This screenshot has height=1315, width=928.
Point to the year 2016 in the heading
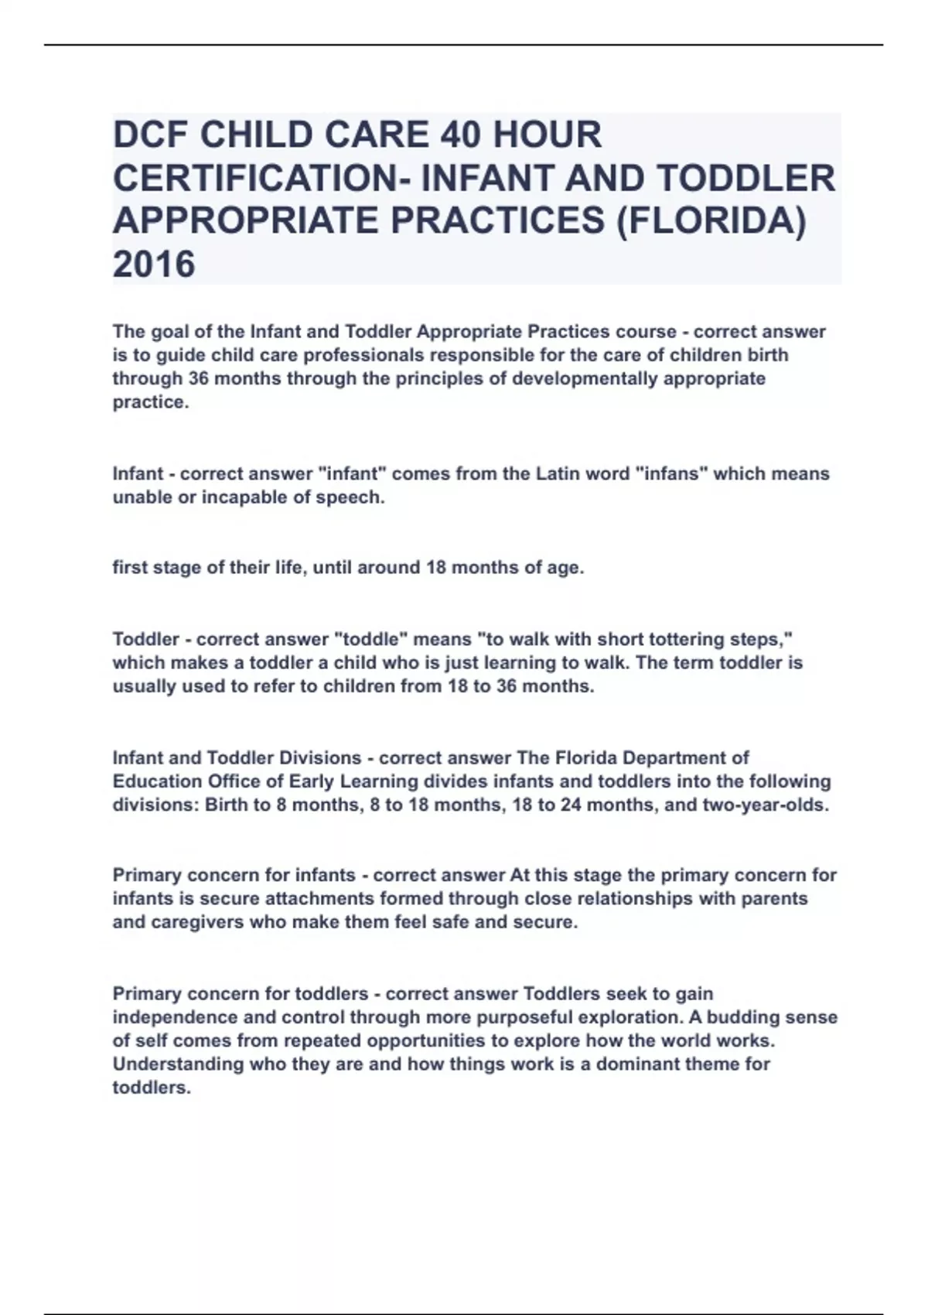tap(154, 265)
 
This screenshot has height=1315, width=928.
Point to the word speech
tap(350, 497)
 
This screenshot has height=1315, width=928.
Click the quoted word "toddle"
tap(370, 640)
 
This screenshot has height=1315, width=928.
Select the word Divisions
tap(320, 758)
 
